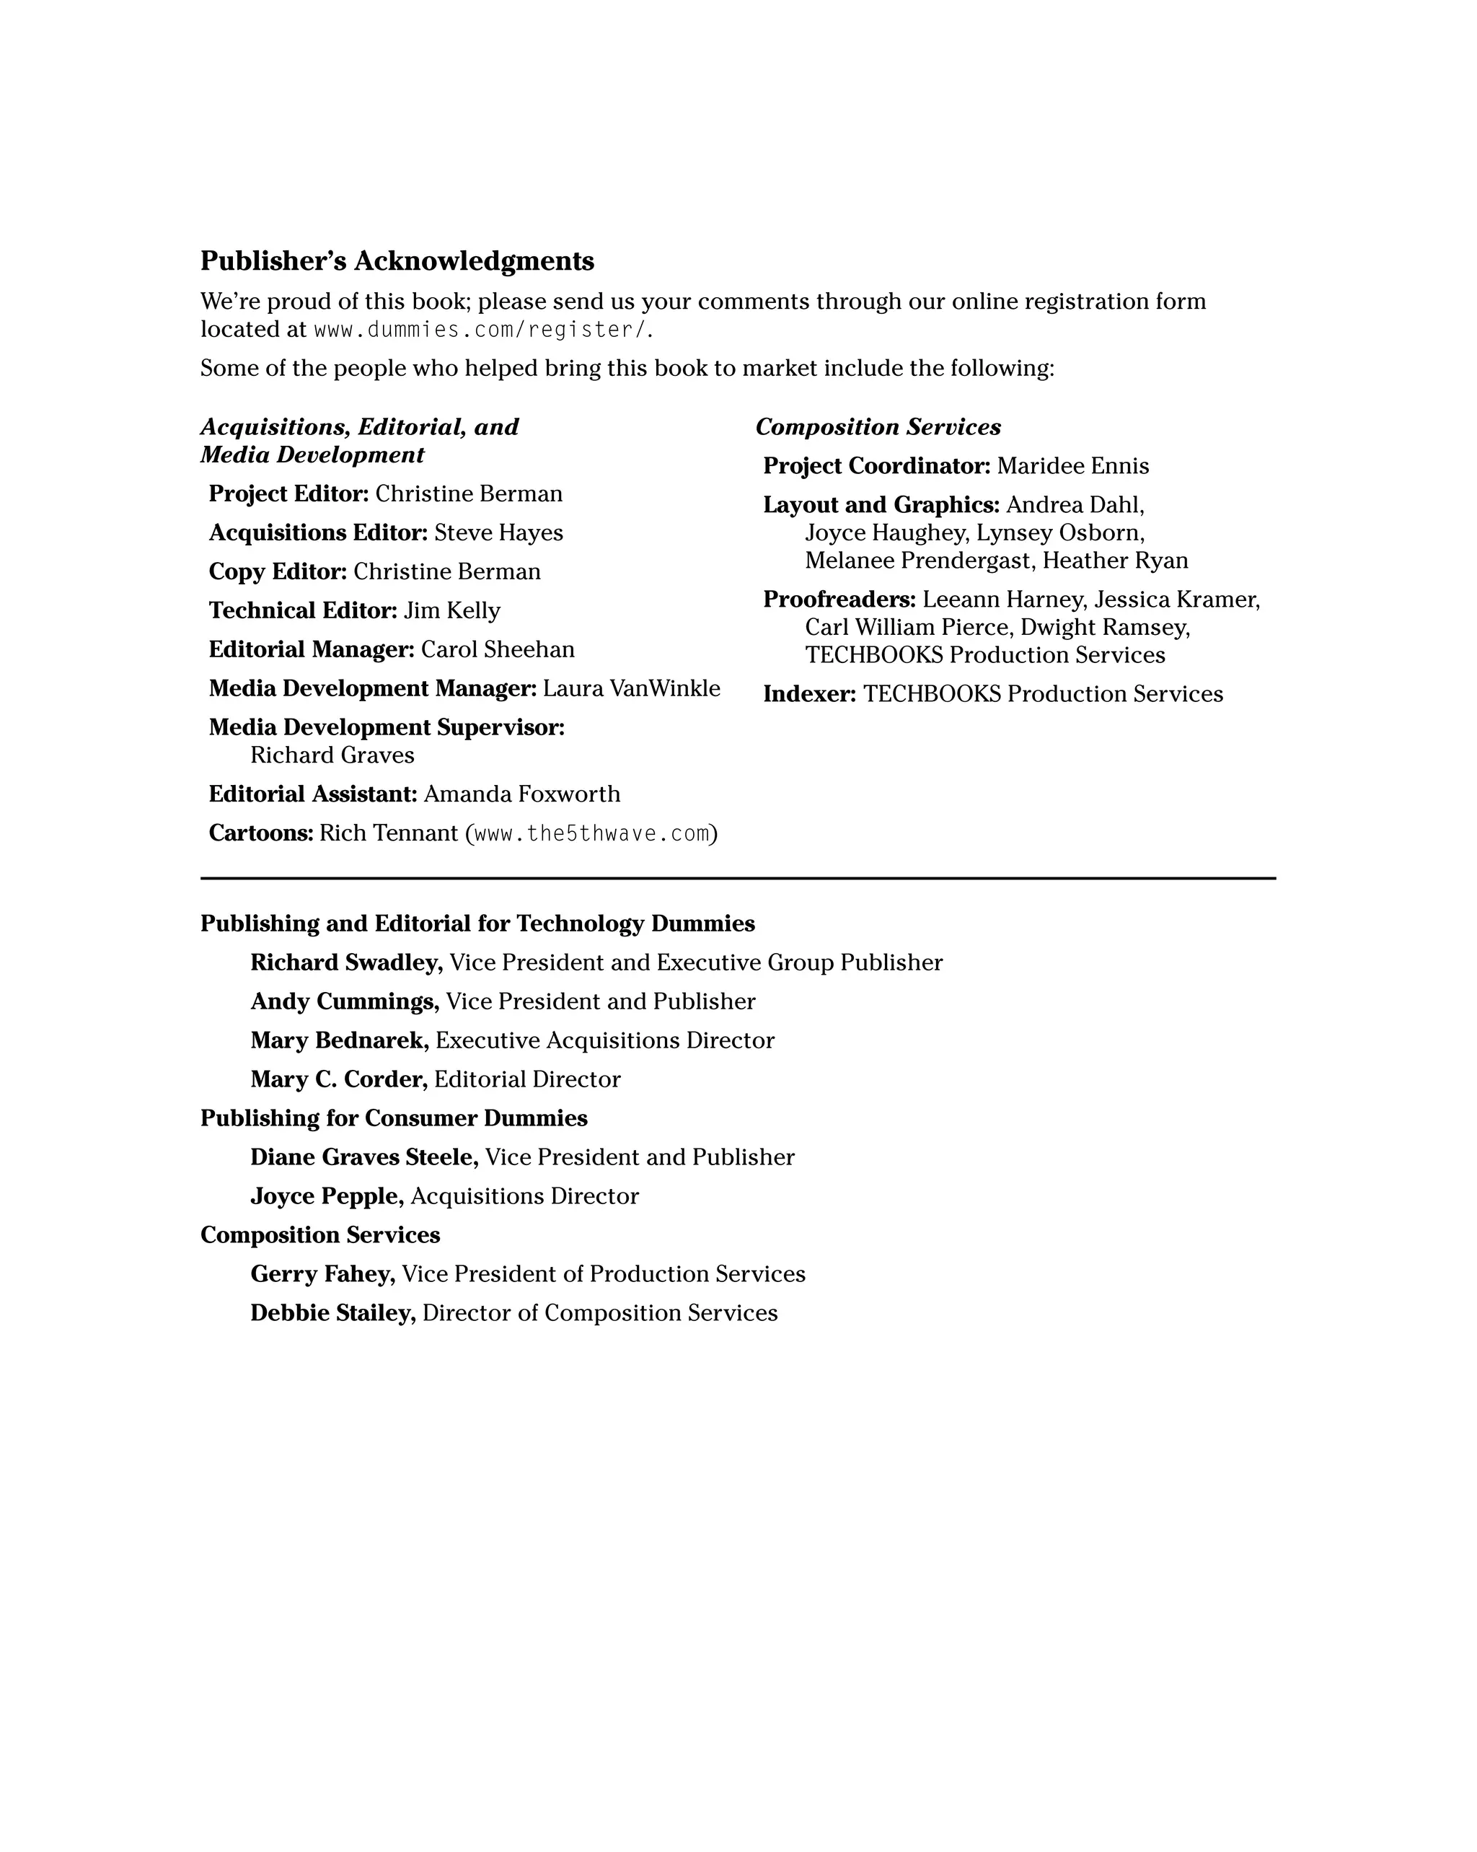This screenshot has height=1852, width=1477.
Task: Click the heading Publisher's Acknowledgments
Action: pos(397,260)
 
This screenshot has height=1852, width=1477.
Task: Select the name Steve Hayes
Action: pos(498,532)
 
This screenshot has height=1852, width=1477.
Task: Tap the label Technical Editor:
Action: pos(303,611)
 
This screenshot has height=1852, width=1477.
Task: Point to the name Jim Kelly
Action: pos(451,611)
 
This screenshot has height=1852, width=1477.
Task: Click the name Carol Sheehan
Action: pos(497,649)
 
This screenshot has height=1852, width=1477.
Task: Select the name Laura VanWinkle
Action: pos(631,689)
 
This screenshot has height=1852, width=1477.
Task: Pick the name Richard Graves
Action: pos(332,755)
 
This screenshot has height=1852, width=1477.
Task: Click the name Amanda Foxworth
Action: pos(521,794)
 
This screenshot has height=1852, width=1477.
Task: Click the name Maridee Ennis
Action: pos(1072,467)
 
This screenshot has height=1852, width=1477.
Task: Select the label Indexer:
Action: pos(809,694)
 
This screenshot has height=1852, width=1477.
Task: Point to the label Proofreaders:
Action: pos(839,600)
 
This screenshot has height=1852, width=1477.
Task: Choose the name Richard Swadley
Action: pos(346,963)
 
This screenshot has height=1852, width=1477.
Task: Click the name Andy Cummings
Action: pos(344,1001)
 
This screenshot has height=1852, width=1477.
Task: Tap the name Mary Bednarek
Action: pos(339,1041)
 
